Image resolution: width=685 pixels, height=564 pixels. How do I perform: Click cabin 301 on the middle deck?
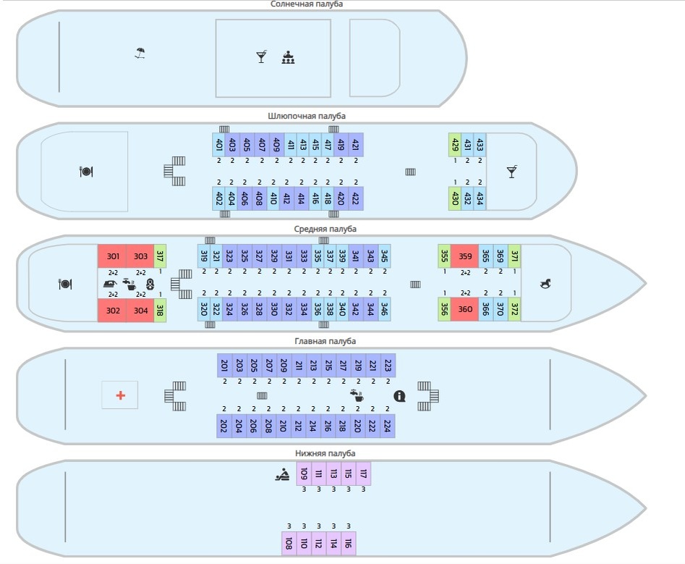point(112,256)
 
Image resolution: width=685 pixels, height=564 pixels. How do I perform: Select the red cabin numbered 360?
point(465,309)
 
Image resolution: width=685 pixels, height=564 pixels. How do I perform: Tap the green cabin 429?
point(455,145)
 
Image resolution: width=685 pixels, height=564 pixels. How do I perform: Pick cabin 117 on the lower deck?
point(363,473)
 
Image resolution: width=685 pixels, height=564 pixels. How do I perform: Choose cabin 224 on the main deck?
point(387,426)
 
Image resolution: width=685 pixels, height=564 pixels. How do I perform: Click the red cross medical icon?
point(120,395)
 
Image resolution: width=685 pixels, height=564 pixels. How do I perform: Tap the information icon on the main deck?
point(399,395)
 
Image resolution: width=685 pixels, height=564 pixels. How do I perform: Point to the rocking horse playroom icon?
point(545,284)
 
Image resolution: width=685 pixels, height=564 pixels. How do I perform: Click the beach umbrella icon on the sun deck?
point(140,53)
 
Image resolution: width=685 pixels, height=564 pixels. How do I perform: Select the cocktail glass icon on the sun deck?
point(261,56)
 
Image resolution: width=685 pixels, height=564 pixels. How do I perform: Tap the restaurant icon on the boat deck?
point(85,172)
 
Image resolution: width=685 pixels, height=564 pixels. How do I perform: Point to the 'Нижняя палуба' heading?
point(325,453)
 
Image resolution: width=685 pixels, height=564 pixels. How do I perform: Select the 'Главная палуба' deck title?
point(325,341)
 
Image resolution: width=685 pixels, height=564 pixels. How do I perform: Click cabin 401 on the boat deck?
point(218,145)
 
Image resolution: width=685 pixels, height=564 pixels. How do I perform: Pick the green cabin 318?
point(160,309)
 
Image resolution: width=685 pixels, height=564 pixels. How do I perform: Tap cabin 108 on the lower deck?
point(289,543)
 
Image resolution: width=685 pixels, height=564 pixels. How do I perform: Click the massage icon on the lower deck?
point(282,475)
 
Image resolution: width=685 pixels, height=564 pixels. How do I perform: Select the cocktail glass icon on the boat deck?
point(511,172)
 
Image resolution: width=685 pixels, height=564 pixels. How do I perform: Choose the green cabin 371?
point(514,256)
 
